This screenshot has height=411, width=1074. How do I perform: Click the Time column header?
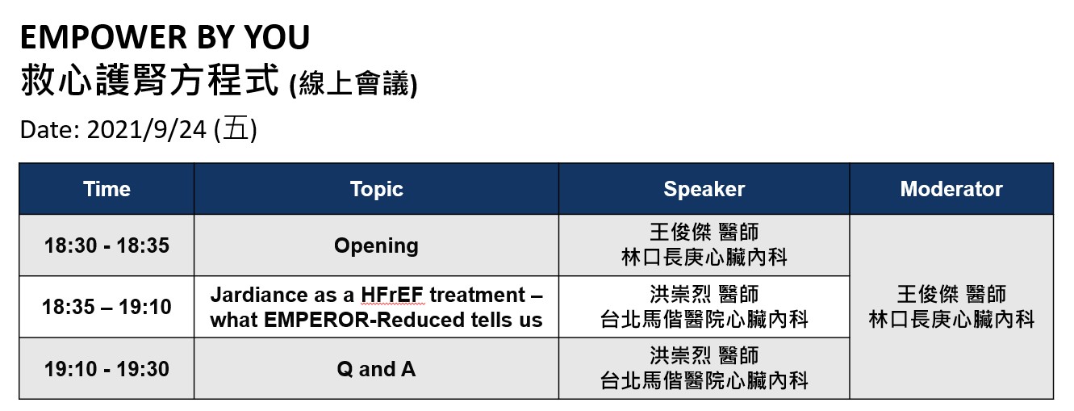pos(107,189)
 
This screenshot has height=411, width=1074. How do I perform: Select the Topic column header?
pos(376,189)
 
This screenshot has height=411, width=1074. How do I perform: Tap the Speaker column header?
pos(704,189)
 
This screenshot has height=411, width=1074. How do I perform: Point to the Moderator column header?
pos(951,189)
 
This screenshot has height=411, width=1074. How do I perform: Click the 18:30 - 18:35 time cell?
pos(107,245)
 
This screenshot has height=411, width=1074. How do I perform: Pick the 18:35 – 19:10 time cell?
pos(107,307)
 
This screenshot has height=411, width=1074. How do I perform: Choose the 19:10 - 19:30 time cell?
pos(107,369)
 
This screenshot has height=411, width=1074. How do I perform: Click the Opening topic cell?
pos(376,245)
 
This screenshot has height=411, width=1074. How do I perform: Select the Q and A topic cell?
pos(376,369)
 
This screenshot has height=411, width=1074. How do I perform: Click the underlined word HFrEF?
pos(392,295)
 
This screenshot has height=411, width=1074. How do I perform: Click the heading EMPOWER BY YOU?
pos(165,37)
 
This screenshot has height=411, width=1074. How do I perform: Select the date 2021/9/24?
pos(146,129)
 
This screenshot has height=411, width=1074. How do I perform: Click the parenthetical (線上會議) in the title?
pos(353,83)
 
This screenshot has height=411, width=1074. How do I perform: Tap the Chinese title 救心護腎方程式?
pos(149,80)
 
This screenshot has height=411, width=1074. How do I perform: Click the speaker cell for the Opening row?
pos(704,245)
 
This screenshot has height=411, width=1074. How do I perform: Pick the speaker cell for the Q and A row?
pos(704,369)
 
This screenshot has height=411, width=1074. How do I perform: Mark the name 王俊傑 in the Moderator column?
pos(927,295)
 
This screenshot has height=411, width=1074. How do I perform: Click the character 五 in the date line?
pos(236,129)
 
